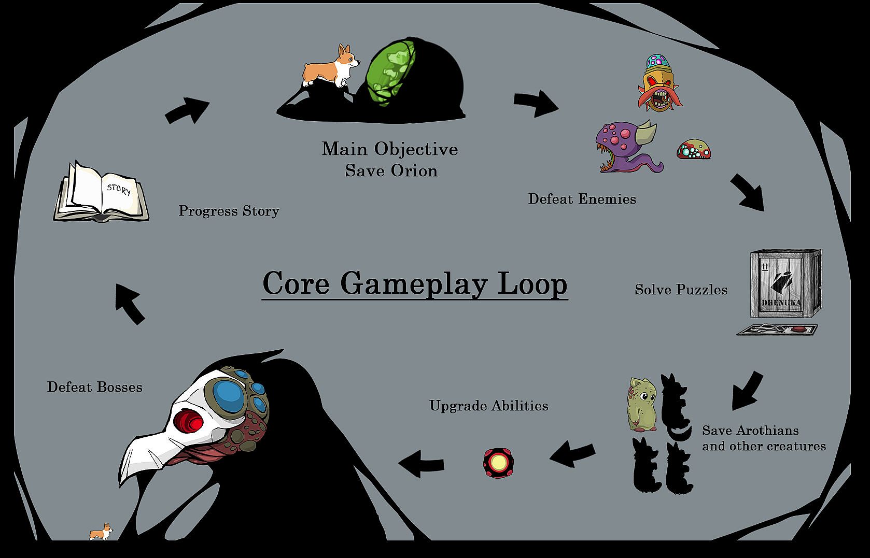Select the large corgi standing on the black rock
click(330, 66)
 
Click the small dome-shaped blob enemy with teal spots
click(693, 149)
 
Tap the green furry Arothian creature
click(642, 404)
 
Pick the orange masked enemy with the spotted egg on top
click(659, 83)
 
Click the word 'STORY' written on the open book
click(118, 190)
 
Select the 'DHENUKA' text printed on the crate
click(781, 303)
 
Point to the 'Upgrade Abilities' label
click(488, 406)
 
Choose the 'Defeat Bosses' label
click(95, 387)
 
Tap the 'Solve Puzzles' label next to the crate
click(681, 290)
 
